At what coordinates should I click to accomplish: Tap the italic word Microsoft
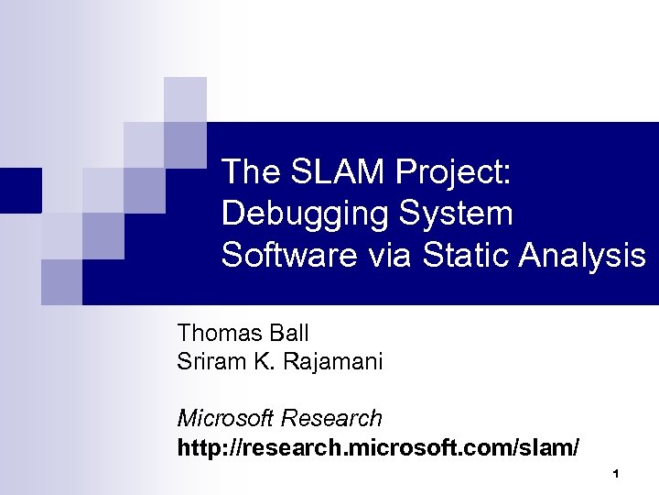click(x=226, y=419)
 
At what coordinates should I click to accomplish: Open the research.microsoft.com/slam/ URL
click(x=378, y=448)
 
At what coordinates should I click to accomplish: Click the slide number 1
click(x=617, y=474)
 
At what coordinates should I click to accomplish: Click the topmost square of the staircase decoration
click(x=185, y=99)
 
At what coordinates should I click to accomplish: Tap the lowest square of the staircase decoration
click(x=61, y=281)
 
